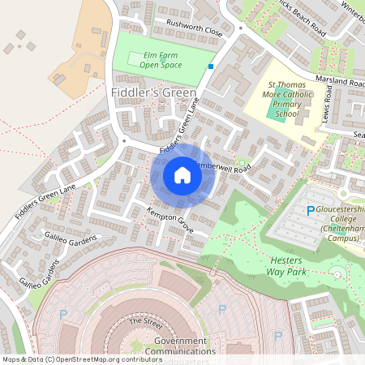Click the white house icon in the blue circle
(182, 175)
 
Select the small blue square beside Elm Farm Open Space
(211, 67)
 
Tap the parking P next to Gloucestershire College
(310, 211)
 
